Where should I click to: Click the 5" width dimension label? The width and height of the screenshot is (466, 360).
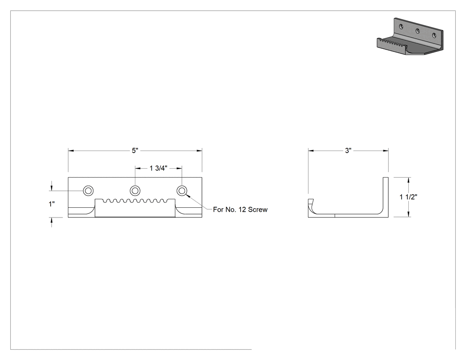point(135,151)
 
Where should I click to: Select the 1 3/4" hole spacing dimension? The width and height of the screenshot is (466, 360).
point(158,168)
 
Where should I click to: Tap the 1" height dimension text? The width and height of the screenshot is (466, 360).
point(52,204)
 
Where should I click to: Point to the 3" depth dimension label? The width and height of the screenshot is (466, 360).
point(348,151)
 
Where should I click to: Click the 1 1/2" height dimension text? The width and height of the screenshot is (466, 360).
point(408,197)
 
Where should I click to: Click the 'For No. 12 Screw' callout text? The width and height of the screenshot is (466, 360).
point(240,210)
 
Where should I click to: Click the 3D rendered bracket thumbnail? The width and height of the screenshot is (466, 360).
point(410,37)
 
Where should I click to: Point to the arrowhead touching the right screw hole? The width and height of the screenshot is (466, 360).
point(188,196)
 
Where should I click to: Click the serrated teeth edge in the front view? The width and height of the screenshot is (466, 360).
point(135,201)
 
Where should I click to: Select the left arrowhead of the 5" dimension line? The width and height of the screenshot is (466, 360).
point(71,151)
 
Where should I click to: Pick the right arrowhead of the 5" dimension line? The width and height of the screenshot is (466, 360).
point(199,151)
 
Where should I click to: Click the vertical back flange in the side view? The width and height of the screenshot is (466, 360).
point(386,196)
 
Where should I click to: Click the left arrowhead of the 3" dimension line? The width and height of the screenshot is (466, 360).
point(311,151)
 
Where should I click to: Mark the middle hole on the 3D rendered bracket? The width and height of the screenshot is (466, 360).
point(418,31)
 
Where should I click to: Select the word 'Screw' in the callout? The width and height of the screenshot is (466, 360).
point(258,210)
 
